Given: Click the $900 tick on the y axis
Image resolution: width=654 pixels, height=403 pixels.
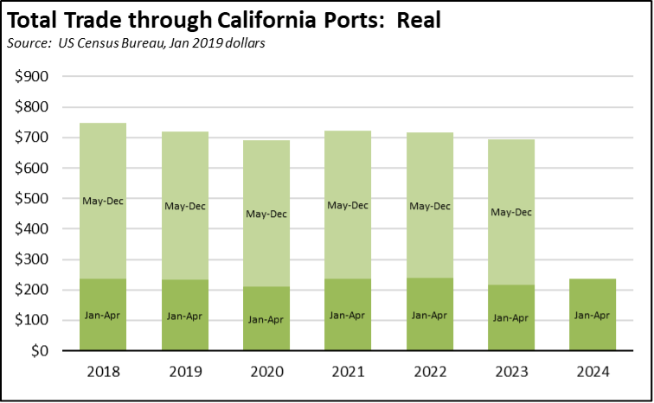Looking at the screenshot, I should (x=32, y=77).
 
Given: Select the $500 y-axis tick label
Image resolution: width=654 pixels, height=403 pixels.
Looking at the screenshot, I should (x=32, y=199).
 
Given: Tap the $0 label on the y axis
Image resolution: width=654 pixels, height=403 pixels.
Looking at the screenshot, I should (x=41, y=351).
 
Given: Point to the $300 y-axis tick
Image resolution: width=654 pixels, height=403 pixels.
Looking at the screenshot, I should (x=32, y=259).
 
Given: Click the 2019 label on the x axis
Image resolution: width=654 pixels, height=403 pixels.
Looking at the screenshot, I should (x=184, y=373).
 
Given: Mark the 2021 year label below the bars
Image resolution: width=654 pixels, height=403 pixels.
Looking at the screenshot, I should (x=347, y=373).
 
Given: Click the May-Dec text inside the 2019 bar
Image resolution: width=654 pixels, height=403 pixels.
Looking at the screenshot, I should (x=184, y=206).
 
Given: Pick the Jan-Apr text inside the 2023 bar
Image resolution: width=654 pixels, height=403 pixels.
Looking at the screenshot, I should (x=510, y=317).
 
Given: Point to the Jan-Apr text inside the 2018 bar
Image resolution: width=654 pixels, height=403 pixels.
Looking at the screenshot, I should (x=103, y=316).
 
